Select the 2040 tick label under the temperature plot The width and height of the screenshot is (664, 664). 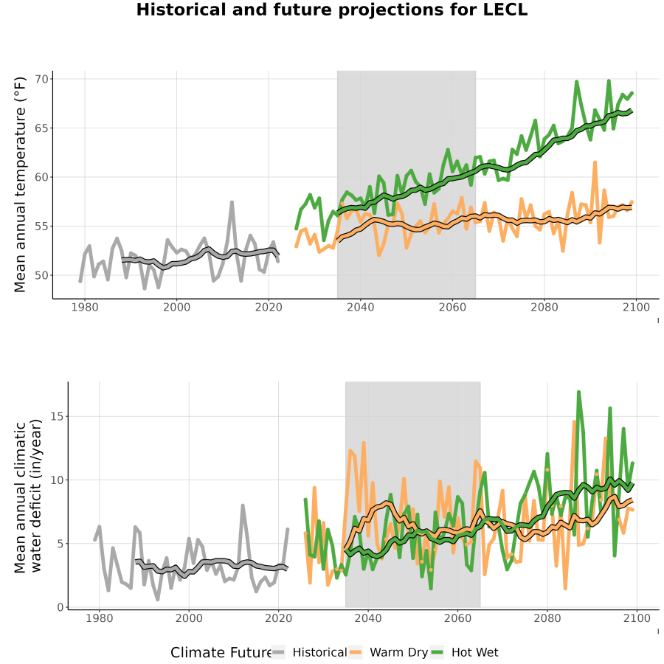[x=360, y=307]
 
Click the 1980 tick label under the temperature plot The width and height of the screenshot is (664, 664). [x=85, y=307]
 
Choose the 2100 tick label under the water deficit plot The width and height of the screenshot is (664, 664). [x=637, y=618]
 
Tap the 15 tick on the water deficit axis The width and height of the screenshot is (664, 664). [x=57, y=416]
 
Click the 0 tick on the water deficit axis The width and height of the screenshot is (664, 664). [x=60, y=607]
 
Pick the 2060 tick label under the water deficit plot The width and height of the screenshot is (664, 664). [x=457, y=618]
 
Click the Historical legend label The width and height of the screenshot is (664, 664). [x=319, y=652]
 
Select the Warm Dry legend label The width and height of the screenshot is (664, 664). [x=398, y=652]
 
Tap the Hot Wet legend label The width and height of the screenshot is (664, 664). [x=474, y=652]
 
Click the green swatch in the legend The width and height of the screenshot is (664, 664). [x=437, y=652]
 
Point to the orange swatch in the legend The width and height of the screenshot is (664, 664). [x=356, y=652]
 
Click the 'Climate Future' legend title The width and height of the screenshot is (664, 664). [x=221, y=653]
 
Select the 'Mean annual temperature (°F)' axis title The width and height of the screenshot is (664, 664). [x=20, y=184]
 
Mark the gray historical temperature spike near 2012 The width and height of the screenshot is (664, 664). [x=232, y=202]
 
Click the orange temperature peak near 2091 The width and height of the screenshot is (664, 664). [x=595, y=162]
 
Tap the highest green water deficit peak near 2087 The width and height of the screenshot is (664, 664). [x=578, y=392]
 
